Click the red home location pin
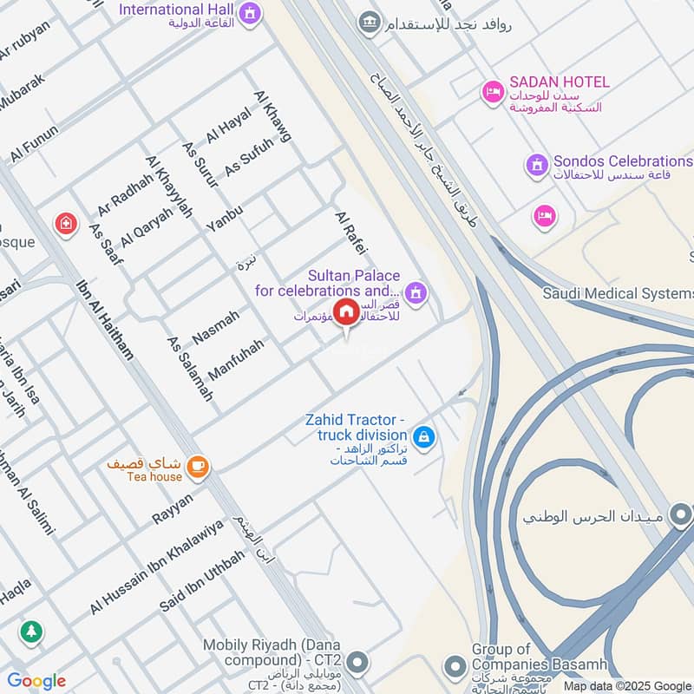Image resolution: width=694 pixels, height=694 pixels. point(347,312)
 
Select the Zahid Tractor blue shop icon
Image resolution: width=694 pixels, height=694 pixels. point(424,436)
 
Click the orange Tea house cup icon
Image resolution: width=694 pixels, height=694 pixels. point(199,467)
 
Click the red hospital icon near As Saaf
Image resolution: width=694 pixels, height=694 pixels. point(64,225)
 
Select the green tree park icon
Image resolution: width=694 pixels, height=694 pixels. point(31,632)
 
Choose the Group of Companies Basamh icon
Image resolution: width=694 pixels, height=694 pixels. point(454,666)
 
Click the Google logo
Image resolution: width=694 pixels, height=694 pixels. point(36,681)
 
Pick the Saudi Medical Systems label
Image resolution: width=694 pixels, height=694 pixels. point(618,293)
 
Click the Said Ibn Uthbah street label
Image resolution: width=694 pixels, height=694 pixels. point(201,580)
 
